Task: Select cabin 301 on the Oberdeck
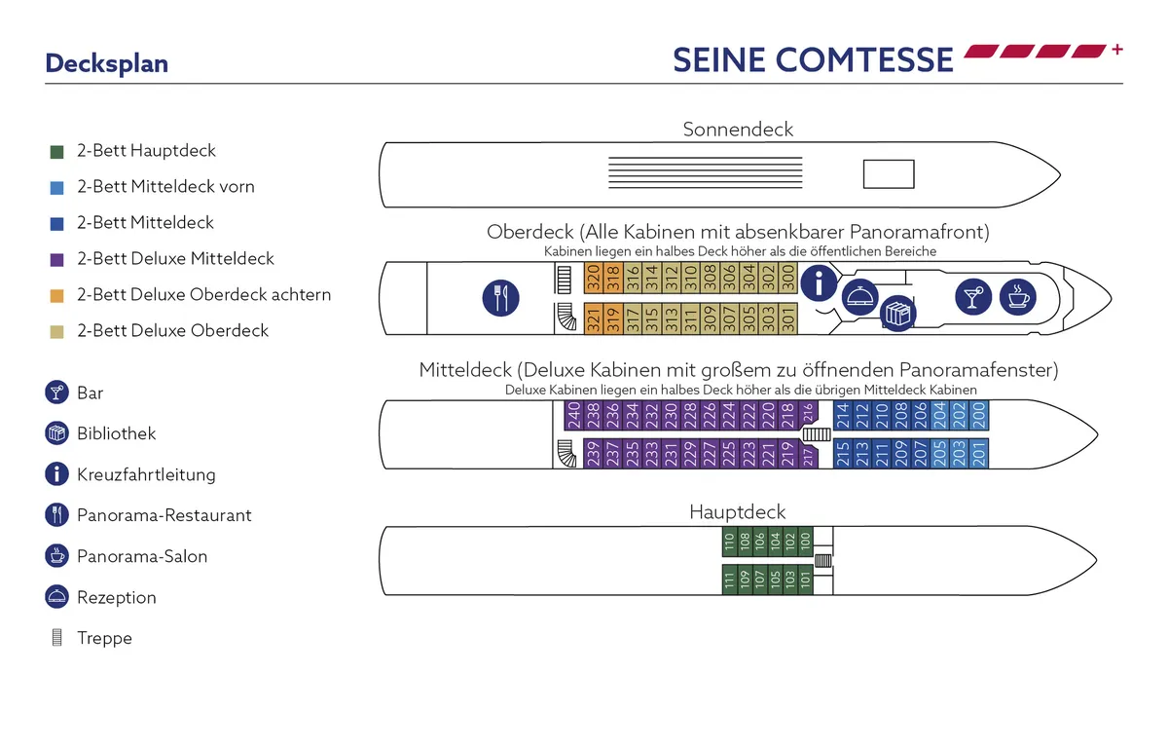[788, 318]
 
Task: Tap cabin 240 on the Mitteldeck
[574, 416]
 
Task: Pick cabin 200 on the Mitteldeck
[979, 416]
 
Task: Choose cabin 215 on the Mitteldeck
[843, 455]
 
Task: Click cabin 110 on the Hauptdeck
[729, 543]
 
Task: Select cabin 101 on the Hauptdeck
[805, 580]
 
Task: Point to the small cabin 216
[808, 416]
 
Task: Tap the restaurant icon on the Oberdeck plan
[501, 297]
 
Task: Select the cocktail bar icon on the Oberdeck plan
[972, 296]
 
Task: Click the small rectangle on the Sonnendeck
[889, 174]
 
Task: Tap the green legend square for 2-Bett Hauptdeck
[56, 152]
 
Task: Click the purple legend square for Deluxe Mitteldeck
[56, 260]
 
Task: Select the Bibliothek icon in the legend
[56, 433]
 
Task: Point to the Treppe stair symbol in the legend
[56, 639]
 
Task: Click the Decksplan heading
[107, 63]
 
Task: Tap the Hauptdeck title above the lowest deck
[737, 511]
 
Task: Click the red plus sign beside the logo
[1116, 50]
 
